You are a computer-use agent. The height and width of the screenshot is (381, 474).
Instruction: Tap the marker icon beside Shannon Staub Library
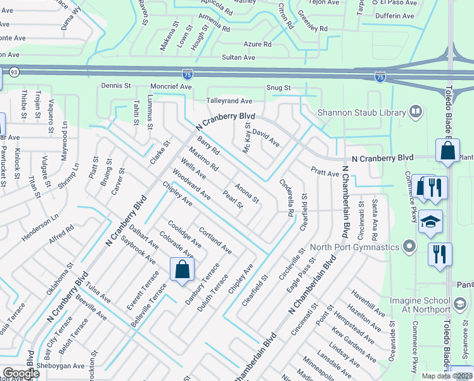pos(416,112)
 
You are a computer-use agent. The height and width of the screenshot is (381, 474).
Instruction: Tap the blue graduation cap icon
pos(430,222)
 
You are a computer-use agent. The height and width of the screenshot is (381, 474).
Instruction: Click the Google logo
pos(21,373)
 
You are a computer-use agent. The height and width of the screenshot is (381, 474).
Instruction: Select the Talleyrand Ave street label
pos(229,101)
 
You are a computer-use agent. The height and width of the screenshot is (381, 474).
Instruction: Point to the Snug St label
pos(278,88)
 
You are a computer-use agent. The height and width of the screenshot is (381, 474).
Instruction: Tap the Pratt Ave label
pos(324,171)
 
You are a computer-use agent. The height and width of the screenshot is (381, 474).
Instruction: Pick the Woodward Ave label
pos(191,184)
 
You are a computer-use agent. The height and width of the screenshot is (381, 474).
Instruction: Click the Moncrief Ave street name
pos(170,86)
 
